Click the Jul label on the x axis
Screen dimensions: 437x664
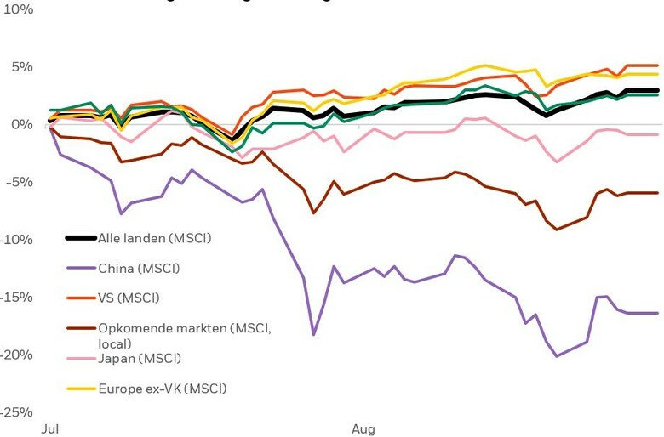coord(51,429)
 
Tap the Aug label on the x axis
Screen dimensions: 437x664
coord(363,429)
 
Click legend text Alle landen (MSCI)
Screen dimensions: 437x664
coord(154,238)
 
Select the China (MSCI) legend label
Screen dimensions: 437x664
coord(139,268)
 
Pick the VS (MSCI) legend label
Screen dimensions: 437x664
coord(129,298)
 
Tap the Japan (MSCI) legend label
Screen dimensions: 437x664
coord(140,358)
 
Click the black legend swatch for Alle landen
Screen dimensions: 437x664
coord(82,238)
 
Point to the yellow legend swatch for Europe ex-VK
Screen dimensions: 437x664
coord(82,389)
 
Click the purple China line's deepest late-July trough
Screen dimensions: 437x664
coord(313,335)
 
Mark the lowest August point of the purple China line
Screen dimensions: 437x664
coord(557,356)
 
